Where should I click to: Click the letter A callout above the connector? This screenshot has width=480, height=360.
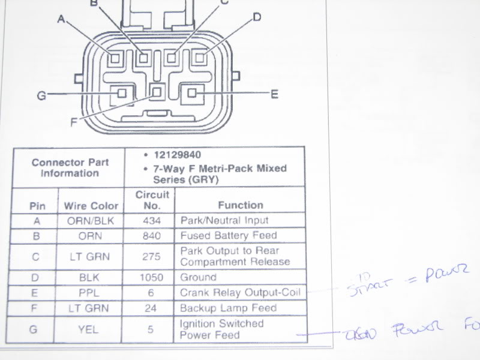(61, 19)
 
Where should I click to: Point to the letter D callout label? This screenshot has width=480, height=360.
(257, 17)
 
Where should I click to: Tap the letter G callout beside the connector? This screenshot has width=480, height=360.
(41, 95)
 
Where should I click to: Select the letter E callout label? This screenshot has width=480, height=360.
(274, 94)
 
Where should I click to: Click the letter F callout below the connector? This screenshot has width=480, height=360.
(74, 122)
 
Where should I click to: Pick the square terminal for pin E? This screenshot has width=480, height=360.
(193, 93)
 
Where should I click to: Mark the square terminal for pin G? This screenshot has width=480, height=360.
(122, 93)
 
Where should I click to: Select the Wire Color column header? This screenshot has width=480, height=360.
(91, 205)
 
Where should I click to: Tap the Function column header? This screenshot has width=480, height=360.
(241, 205)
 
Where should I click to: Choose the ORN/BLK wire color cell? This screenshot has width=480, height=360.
(91, 221)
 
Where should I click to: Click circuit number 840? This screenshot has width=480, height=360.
(151, 236)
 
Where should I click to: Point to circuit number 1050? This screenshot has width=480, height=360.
(151, 278)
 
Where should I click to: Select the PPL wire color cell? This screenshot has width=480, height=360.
(91, 293)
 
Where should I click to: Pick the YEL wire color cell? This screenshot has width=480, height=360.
(91, 329)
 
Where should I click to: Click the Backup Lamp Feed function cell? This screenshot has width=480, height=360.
(229, 308)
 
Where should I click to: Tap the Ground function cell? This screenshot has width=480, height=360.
(198, 278)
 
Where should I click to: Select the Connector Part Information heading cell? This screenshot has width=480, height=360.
(70, 167)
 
